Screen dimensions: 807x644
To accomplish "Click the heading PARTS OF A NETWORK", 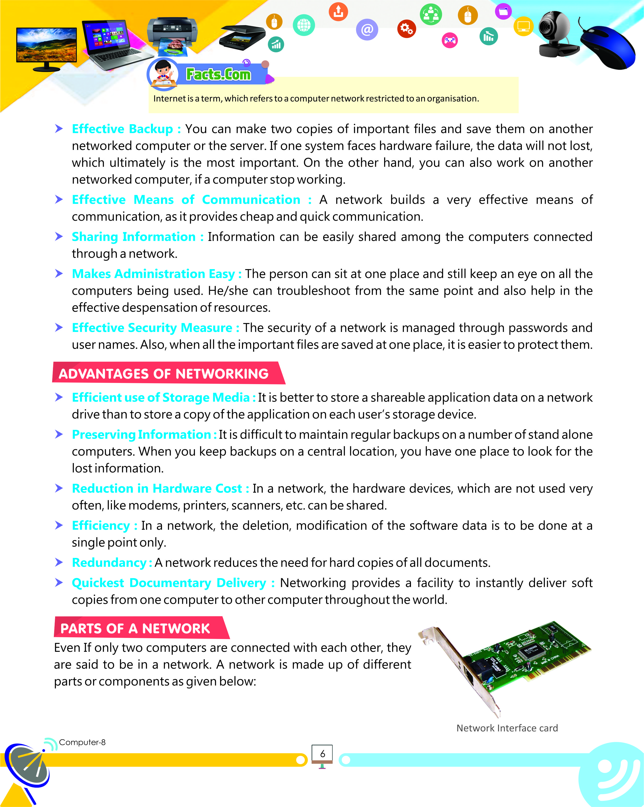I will [x=135, y=628].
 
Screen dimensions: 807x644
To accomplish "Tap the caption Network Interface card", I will [x=507, y=728].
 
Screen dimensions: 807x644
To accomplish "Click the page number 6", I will [x=322, y=754].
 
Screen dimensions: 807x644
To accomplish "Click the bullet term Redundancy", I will [x=109, y=563].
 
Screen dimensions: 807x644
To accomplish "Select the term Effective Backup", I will [x=122, y=129].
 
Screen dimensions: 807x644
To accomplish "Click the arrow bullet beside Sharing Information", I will [x=59, y=236].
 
